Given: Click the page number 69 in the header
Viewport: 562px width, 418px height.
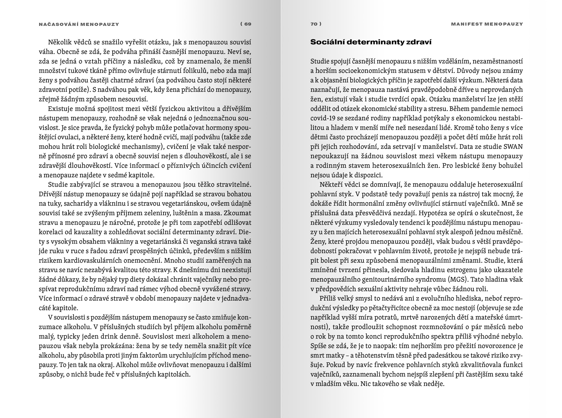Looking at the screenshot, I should tap(248, 24).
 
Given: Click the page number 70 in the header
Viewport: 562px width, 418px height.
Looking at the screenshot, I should tap(314, 24).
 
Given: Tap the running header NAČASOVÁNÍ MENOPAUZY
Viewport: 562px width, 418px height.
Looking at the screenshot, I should tap(79, 24).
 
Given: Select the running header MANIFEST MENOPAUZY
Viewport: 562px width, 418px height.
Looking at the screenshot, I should tap(487, 24).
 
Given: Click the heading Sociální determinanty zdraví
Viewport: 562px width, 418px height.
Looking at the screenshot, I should tap(371, 42).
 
